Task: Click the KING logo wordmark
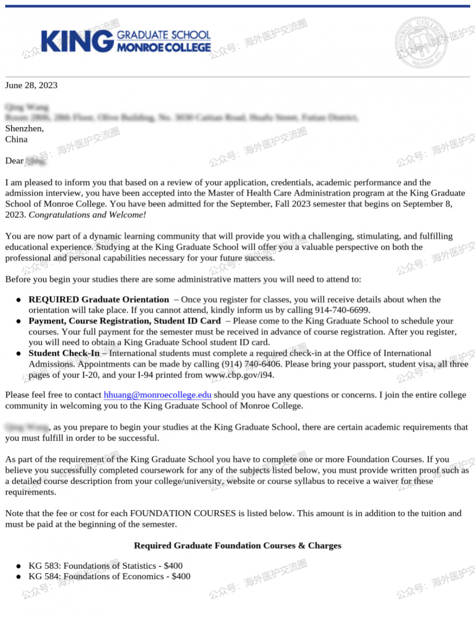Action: click(x=77, y=41)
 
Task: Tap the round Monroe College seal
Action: click(x=421, y=43)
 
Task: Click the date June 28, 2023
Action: click(x=31, y=85)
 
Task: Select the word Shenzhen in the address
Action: click(x=24, y=129)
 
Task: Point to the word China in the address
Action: click(x=16, y=140)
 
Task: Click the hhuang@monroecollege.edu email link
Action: click(x=157, y=395)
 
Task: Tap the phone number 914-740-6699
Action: click(x=342, y=310)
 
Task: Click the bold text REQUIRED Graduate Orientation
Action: click(x=99, y=299)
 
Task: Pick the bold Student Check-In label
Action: click(x=64, y=353)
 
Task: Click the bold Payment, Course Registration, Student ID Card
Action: click(x=124, y=321)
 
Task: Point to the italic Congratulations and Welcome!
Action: click(x=87, y=215)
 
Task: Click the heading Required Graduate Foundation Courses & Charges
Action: click(x=237, y=545)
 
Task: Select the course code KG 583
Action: click(x=44, y=566)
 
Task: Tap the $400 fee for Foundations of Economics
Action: click(x=181, y=576)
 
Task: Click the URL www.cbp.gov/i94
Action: click(x=239, y=375)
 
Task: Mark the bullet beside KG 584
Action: click(x=18, y=577)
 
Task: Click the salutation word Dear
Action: click(x=15, y=161)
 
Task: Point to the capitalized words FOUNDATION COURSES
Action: click(x=183, y=513)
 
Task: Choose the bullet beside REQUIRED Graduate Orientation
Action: click(x=18, y=300)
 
